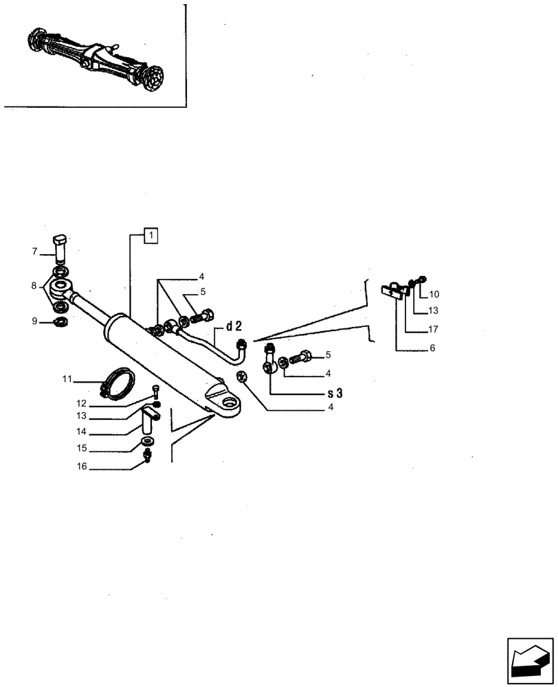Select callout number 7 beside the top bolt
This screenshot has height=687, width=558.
(34, 252)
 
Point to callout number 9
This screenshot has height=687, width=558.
(34, 321)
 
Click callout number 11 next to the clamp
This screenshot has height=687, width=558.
(66, 379)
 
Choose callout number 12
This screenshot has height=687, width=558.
(81, 403)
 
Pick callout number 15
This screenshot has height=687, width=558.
(81, 449)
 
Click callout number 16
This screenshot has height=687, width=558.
(81, 466)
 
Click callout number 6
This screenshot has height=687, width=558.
(432, 348)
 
